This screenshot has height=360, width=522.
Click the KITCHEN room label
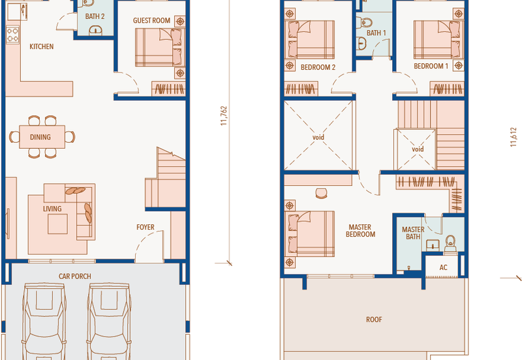pyautogui.click(x=42, y=46)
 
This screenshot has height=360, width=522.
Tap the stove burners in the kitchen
pyautogui.click(x=12, y=35)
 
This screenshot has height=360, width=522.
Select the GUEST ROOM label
pyautogui.click(x=151, y=21)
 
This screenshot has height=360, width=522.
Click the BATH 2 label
pyautogui.click(x=95, y=16)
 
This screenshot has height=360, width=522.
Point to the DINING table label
pyautogui.click(x=40, y=137)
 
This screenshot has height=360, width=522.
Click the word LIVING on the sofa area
pyautogui.click(x=52, y=209)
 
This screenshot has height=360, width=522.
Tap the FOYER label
pyautogui.click(x=146, y=227)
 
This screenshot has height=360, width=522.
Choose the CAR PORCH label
pyautogui.click(x=75, y=276)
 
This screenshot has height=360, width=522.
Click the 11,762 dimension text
pyautogui.click(x=224, y=116)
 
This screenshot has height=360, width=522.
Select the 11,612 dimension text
pyautogui.click(x=514, y=137)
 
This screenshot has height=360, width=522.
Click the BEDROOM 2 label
pyautogui.click(x=318, y=67)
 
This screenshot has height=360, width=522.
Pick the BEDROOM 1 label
pyautogui.click(x=431, y=67)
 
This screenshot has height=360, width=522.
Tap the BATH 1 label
pyautogui.click(x=376, y=33)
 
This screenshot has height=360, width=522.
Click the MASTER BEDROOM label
pyautogui.click(x=360, y=231)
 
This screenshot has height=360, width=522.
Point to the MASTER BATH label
pyautogui.click(x=413, y=233)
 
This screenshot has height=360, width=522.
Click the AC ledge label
pyautogui.click(x=443, y=267)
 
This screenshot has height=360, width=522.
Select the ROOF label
pyautogui.click(x=374, y=320)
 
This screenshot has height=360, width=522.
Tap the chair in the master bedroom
pyautogui.click(x=321, y=193)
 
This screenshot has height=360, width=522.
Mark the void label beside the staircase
pyautogui.click(x=418, y=149)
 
